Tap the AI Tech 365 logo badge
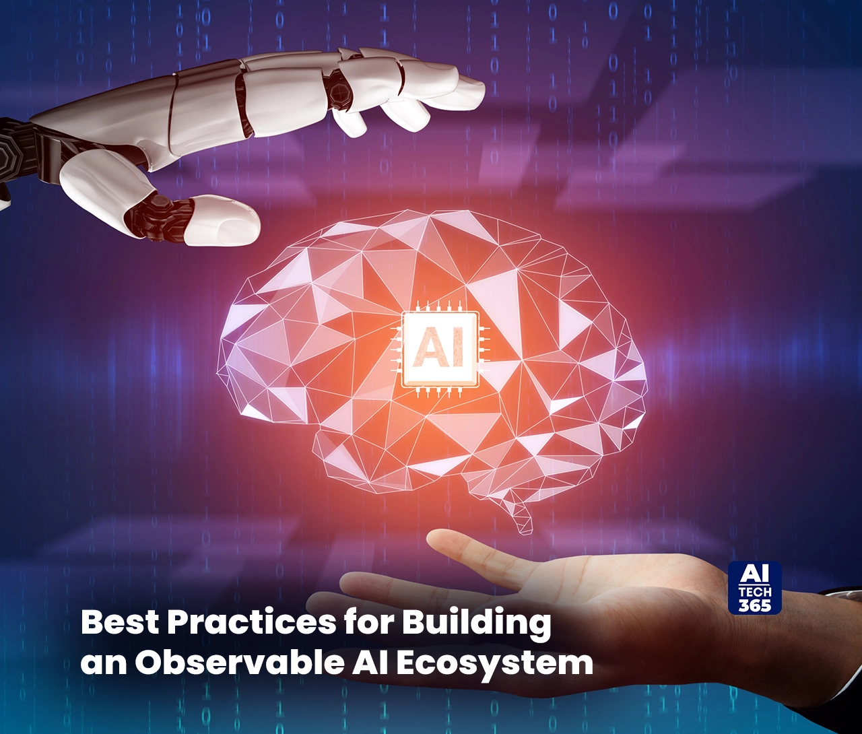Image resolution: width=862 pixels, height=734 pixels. pyautogui.click(x=755, y=588)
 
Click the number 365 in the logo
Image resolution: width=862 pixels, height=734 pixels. pyautogui.click(x=755, y=604)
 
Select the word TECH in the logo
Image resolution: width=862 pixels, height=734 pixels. pyautogui.click(x=755, y=591)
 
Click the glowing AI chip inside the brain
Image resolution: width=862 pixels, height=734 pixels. pyautogui.click(x=438, y=349)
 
